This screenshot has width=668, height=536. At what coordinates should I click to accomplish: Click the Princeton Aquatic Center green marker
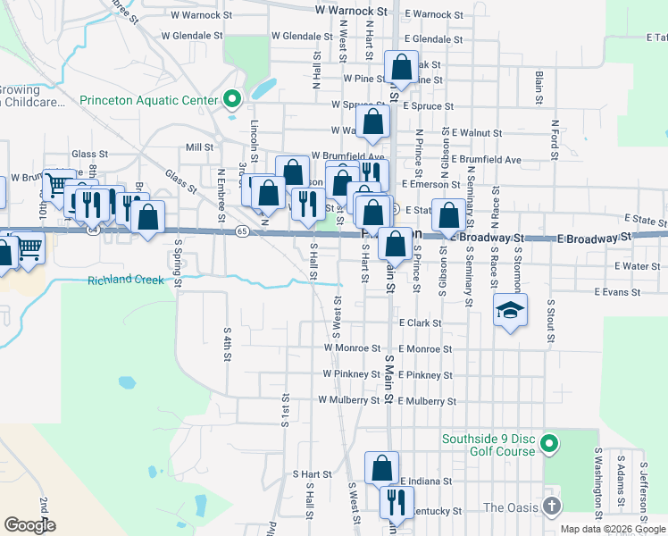tap(233, 100)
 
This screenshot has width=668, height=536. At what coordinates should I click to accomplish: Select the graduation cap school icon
tap(510, 310)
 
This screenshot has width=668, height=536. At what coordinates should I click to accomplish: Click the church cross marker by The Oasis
tap(551, 507)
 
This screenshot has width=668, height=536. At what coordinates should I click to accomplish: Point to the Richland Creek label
tap(126, 281)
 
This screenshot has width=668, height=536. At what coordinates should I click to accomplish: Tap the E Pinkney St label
tap(425, 375)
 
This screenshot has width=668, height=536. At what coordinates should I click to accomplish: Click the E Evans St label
tap(609, 292)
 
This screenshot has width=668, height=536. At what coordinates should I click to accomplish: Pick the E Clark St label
tap(421, 322)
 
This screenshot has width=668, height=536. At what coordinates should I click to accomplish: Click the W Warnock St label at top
tap(351, 11)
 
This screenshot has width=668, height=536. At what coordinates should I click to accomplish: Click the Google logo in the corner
tap(29, 525)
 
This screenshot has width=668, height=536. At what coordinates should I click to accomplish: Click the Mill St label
tap(199, 147)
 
